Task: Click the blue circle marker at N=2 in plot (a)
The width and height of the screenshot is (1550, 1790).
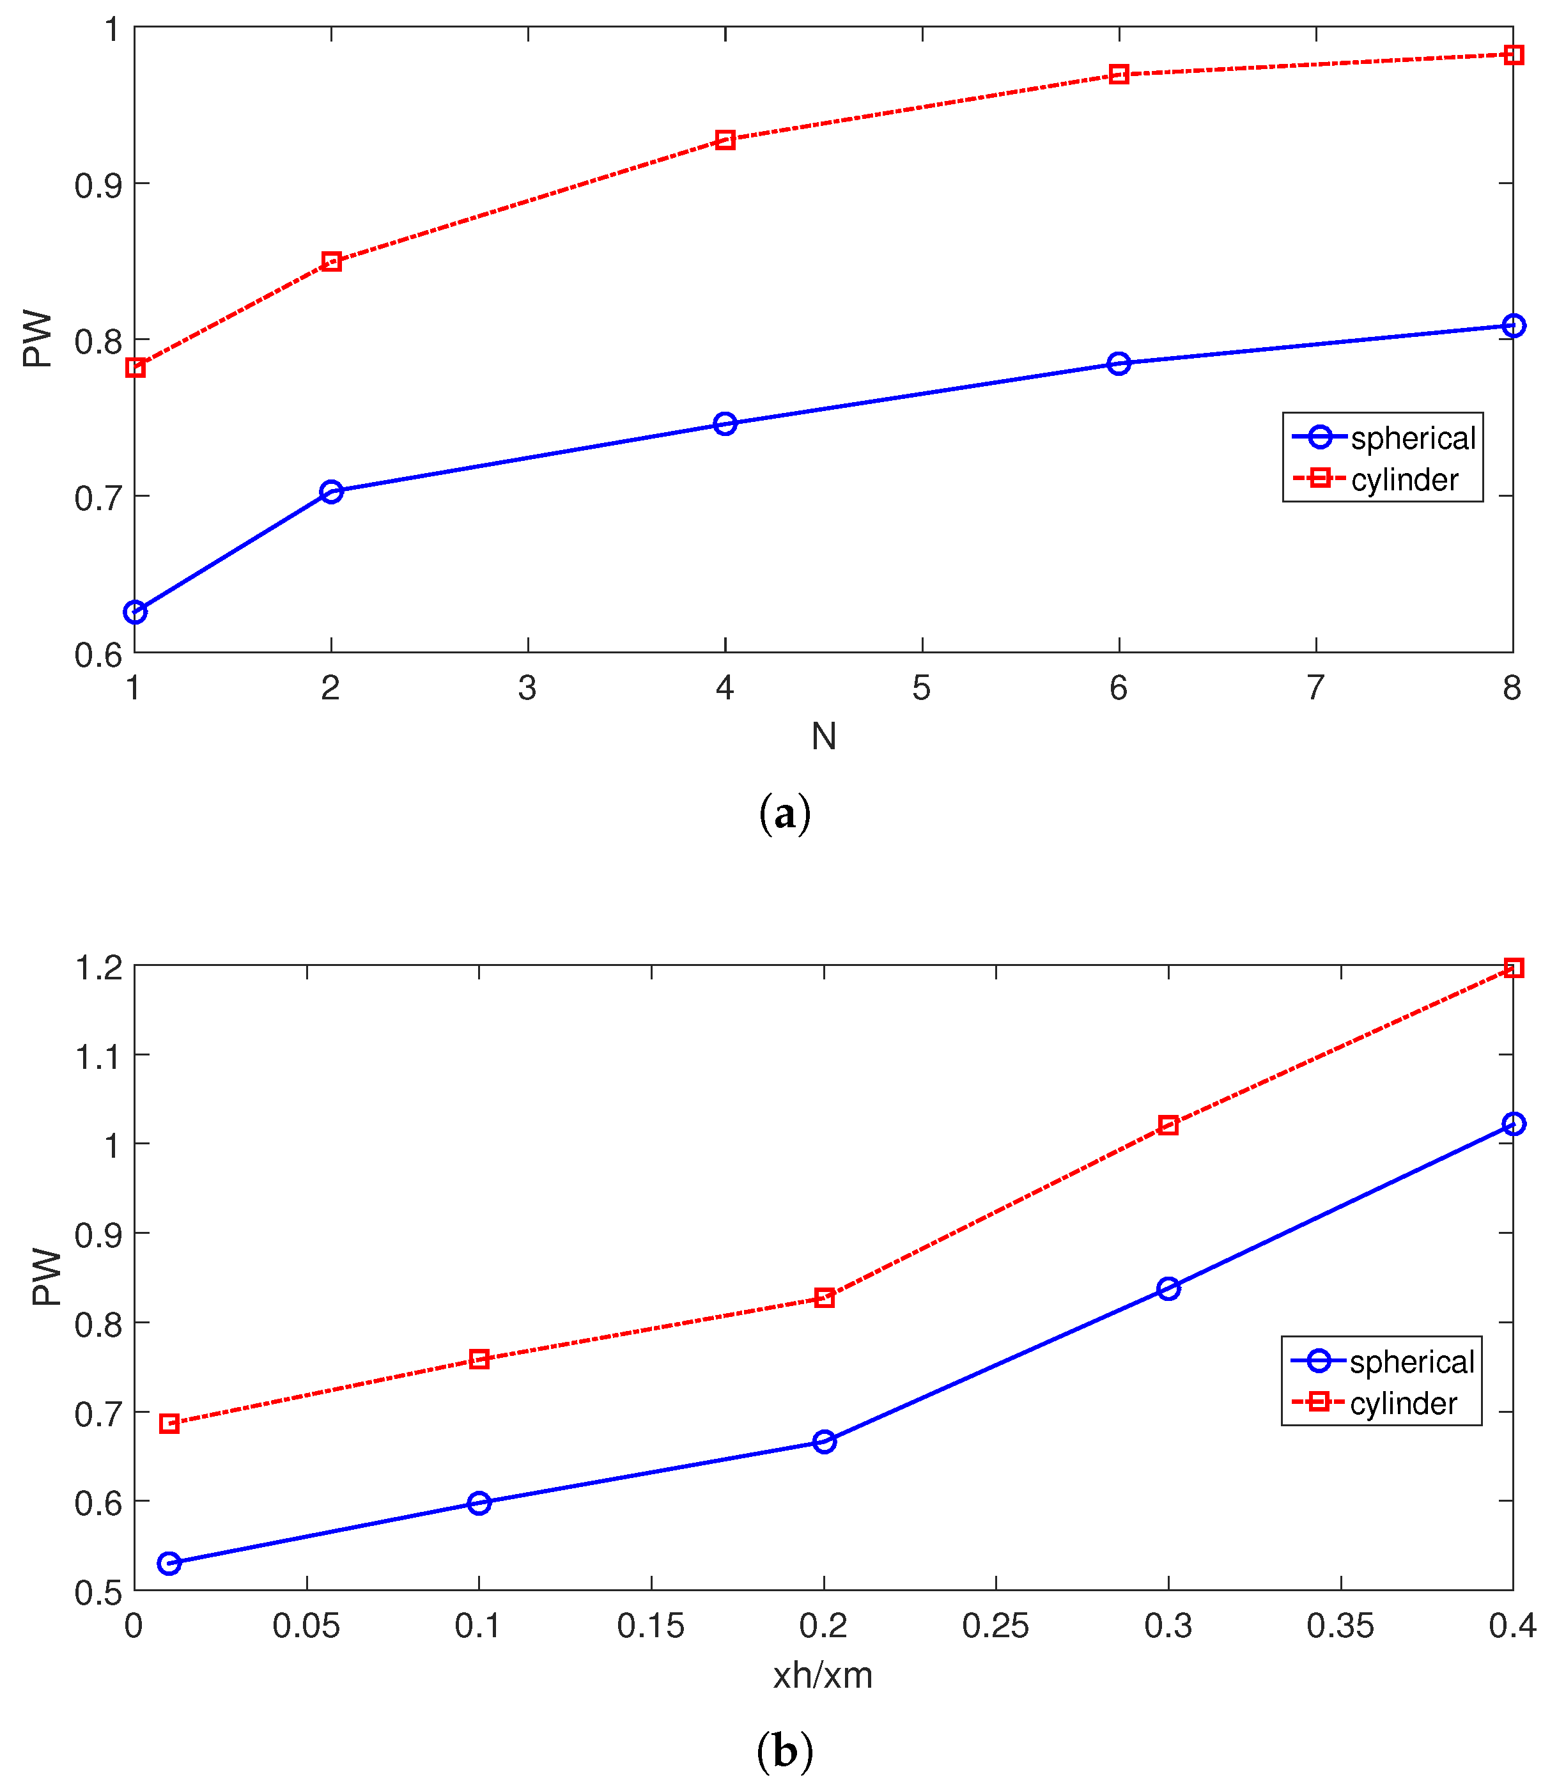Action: click(x=331, y=492)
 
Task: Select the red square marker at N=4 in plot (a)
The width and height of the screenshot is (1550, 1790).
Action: click(x=725, y=139)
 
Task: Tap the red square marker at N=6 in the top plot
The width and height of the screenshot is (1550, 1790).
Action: click(x=1119, y=74)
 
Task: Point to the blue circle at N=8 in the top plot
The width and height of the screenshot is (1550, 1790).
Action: click(x=1514, y=325)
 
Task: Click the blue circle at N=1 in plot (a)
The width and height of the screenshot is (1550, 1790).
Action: click(x=135, y=612)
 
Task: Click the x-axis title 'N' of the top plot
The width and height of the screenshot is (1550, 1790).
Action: click(x=823, y=736)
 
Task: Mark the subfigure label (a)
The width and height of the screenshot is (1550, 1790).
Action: click(x=784, y=814)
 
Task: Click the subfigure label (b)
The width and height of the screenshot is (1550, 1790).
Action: click(x=784, y=1752)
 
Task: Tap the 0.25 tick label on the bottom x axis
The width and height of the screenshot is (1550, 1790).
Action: click(x=996, y=1626)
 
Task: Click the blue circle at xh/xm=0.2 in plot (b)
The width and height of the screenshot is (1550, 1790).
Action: click(x=825, y=1442)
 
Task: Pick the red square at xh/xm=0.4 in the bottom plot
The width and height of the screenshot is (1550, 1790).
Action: click(x=1514, y=968)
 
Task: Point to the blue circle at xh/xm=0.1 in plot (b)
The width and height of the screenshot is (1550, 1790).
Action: click(x=479, y=1503)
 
